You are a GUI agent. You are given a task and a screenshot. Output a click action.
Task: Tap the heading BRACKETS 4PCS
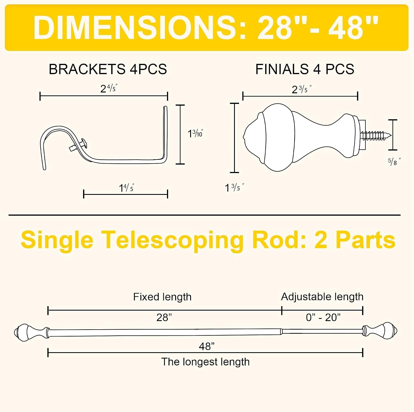[108, 69]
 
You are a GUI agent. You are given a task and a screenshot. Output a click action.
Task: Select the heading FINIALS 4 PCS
[305, 69]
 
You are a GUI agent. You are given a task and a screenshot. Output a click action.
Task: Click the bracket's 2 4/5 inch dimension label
[109, 88]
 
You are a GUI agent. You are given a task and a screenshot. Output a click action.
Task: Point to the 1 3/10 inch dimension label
[195, 133]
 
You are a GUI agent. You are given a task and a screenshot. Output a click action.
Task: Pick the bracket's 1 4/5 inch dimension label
[126, 188]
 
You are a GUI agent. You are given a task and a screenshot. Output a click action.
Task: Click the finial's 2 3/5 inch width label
[302, 89]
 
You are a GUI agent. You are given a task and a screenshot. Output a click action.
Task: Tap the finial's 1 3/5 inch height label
[234, 188]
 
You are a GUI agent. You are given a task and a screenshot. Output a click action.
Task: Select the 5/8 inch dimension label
[394, 161]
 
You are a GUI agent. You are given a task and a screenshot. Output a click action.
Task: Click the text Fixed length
[162, 297]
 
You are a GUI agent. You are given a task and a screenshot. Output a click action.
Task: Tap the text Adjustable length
[322, 297]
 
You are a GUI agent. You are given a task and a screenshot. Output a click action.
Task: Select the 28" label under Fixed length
[164, 317]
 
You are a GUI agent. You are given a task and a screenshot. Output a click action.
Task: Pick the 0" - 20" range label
[323, 317]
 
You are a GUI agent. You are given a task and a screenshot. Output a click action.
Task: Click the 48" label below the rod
[207, 346]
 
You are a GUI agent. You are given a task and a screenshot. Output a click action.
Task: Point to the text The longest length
[205, 362]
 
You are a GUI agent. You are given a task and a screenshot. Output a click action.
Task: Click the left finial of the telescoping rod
[32, 332]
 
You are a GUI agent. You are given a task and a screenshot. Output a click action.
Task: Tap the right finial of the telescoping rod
[380, 330]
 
